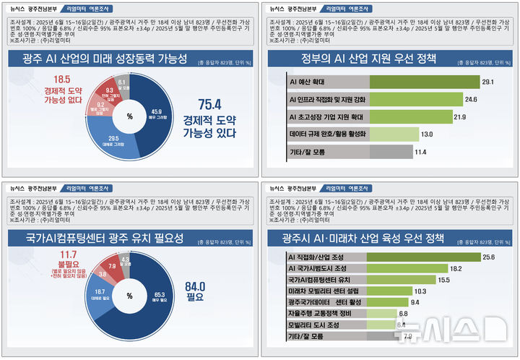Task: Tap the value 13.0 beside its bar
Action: click(x=427, y=134)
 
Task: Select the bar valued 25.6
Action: click(x=383, y=256)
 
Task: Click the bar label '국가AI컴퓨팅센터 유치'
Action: click(x=318, y=279)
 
